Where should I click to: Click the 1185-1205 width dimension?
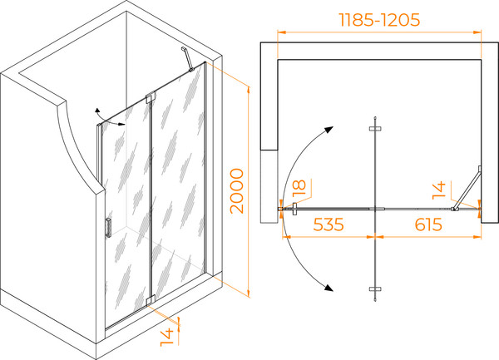tap(380, 20)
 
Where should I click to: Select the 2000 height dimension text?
tap(237, 191)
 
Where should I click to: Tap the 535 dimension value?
tap(329, 224)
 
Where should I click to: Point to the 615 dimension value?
tap(428, 224)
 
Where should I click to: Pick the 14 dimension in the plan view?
tap(439, 190)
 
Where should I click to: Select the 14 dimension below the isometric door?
tap(167, 337)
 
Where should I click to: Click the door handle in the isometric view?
tap(108, 228)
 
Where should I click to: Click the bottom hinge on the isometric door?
tap(151, 300)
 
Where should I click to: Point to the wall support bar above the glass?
tap(188, 59)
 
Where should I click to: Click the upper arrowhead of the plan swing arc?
tap(329, 130)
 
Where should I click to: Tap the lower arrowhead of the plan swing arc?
tap(329, 288)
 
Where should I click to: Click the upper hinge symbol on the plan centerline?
tap(376, 129)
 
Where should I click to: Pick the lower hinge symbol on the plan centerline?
tap(376, 289)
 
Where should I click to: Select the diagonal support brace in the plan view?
tap(467, 188)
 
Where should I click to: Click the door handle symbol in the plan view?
tap(294, 209)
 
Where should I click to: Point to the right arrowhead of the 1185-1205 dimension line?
tap(477, 32)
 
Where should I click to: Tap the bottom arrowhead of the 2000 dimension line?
tap(248, 293)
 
